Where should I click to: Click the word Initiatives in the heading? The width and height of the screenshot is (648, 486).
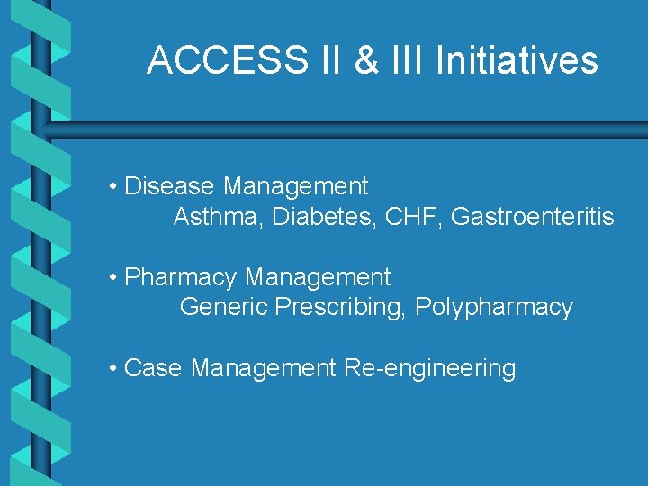(517, 60)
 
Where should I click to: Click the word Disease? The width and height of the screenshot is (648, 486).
(169, 186)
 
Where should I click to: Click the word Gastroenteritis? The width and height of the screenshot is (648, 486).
(532, 217)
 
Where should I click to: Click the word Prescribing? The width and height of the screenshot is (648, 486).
(341, 308)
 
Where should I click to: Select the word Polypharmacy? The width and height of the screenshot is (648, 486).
(494, 308)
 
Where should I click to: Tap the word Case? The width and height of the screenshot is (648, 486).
(154, 368)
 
